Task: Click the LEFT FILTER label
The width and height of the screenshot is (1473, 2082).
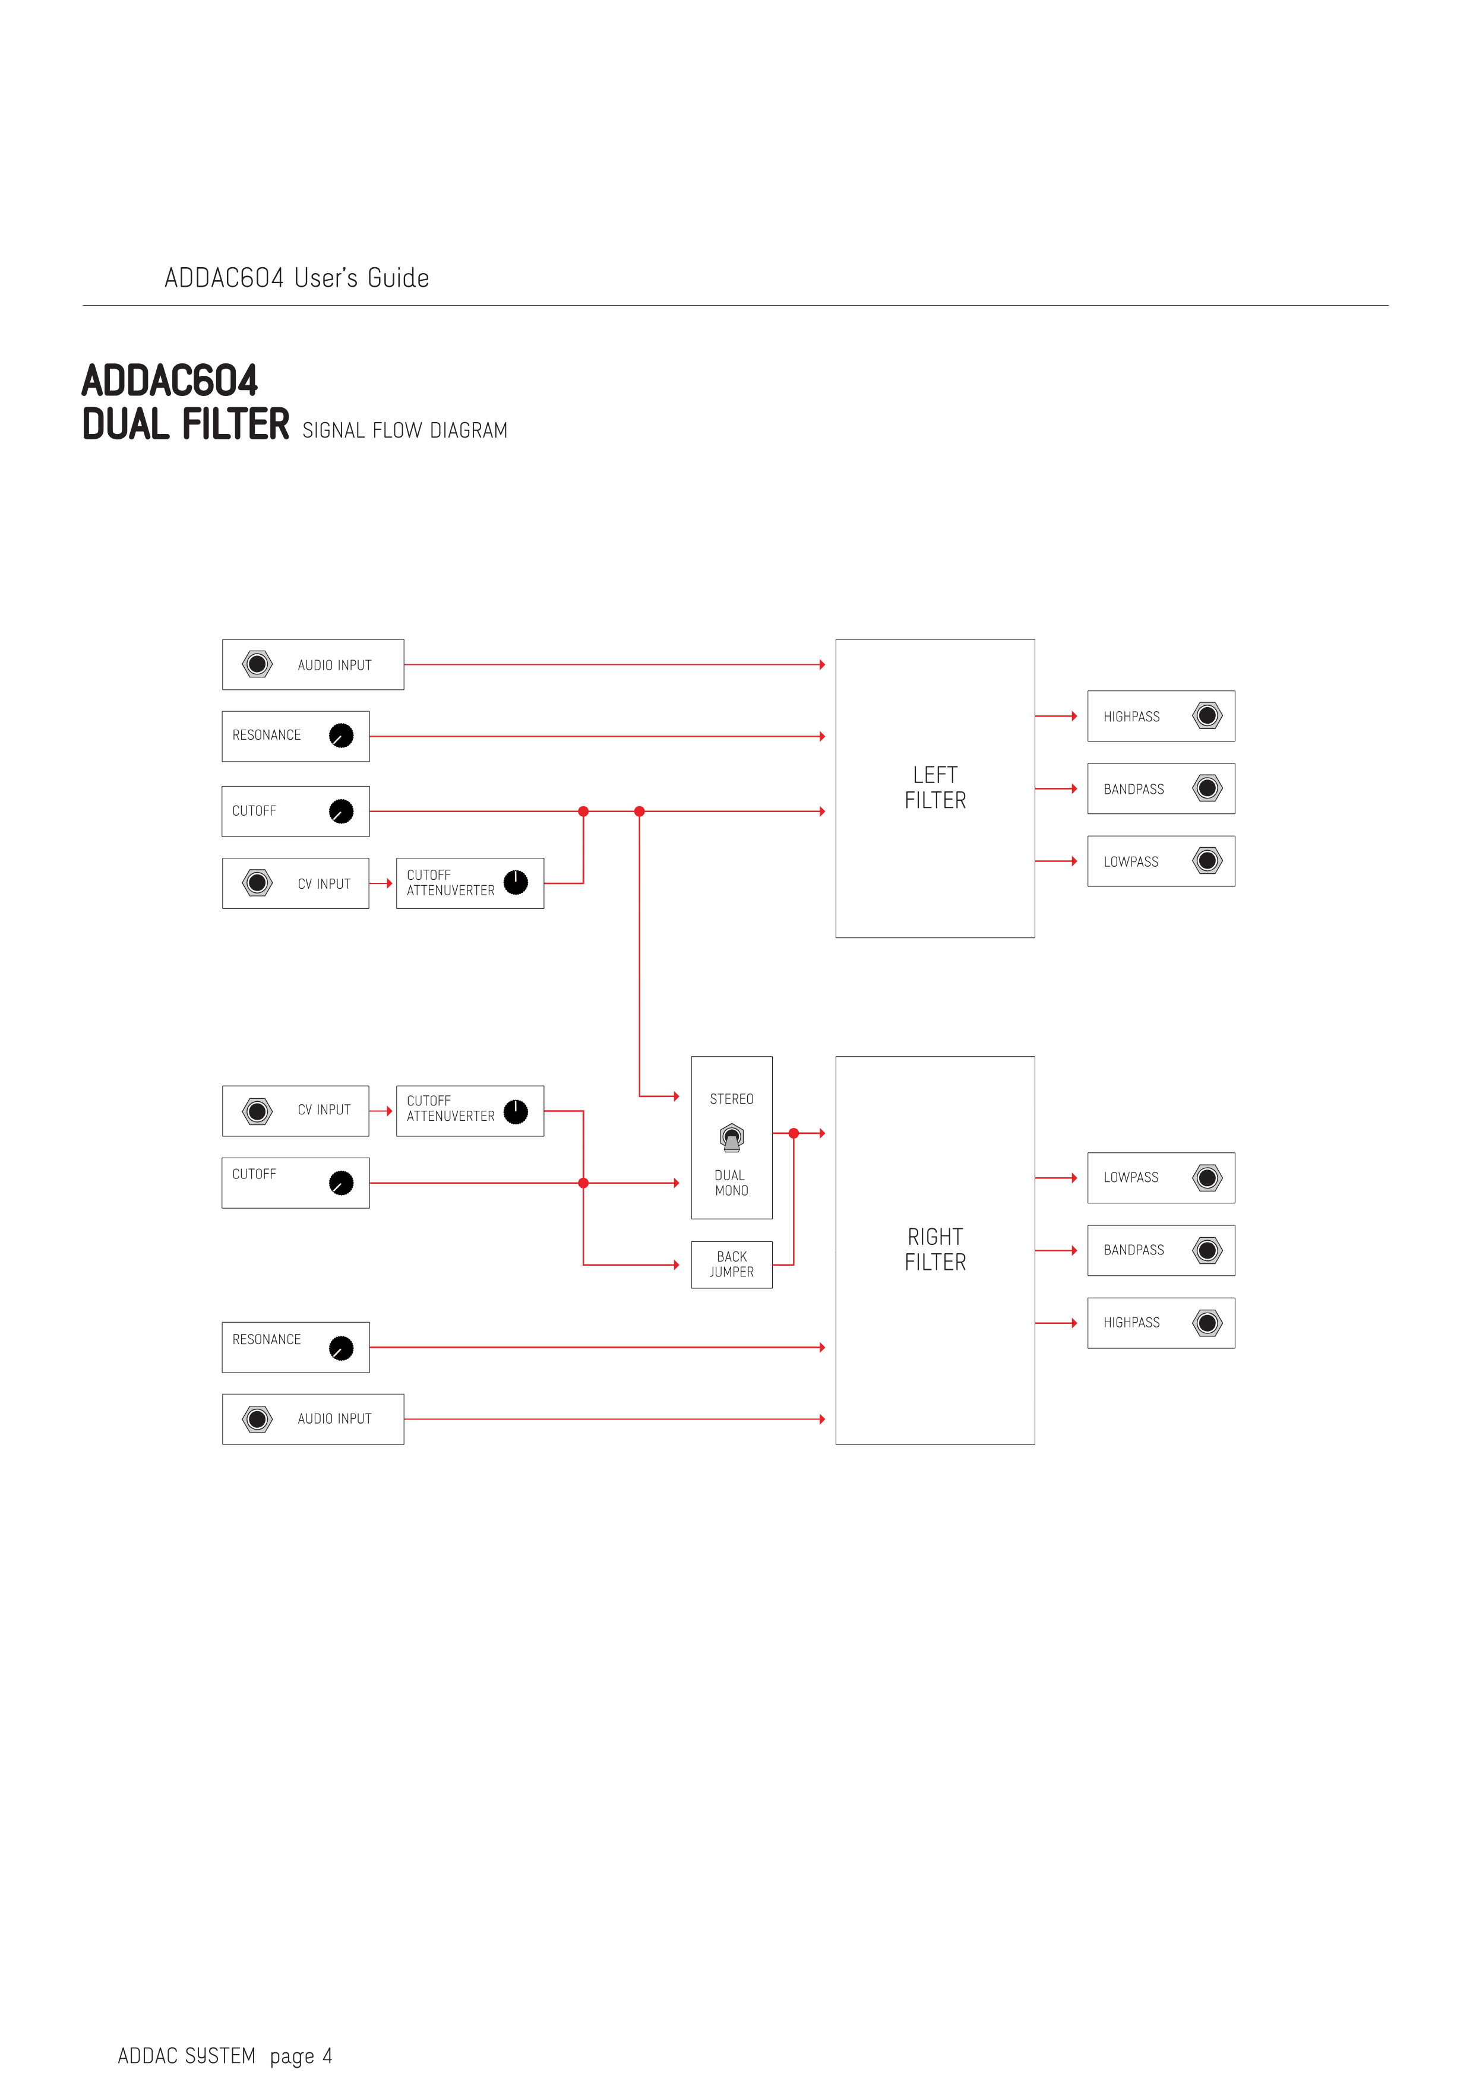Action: pyautogui.click(x=934, y=787)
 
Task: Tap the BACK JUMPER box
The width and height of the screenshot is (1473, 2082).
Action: pyautogui.click(x=731, y=1264)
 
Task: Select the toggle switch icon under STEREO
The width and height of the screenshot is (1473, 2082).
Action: pyautogui.click(x=731, y=1137)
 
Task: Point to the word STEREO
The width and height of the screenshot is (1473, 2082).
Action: pyautogui.click(x=731, y=1099)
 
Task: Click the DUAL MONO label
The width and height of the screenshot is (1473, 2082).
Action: pyautogui.click(x=731, y=1183)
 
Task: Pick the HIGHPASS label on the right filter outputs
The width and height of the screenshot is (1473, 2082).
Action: pyautogui.click(x=1131, y=1323)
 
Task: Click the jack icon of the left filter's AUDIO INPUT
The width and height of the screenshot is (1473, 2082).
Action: pyautogui.click(x=258, y=665)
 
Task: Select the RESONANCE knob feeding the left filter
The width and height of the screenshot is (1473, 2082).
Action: pyautogui.click(x=341, y=736)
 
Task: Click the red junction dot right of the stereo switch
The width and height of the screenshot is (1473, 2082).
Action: pyautogui.click(x=794, y=1133)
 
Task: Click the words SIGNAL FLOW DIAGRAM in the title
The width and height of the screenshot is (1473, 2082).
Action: pyautogui.click(x=404, y=431)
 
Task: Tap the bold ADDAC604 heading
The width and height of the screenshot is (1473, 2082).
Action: pyautogui.click(x=170, y=381)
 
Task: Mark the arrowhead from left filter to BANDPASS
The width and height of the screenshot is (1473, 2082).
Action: pyautogui.click(x=1074, y=789)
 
